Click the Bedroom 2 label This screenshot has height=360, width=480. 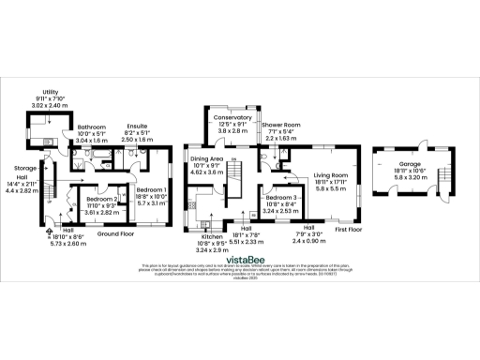tap(101, 200)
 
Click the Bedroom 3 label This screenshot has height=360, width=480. tap(281, 200)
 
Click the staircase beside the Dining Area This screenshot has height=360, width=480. tap(235, 174)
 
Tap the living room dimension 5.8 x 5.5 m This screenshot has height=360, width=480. tap(330, 190)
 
